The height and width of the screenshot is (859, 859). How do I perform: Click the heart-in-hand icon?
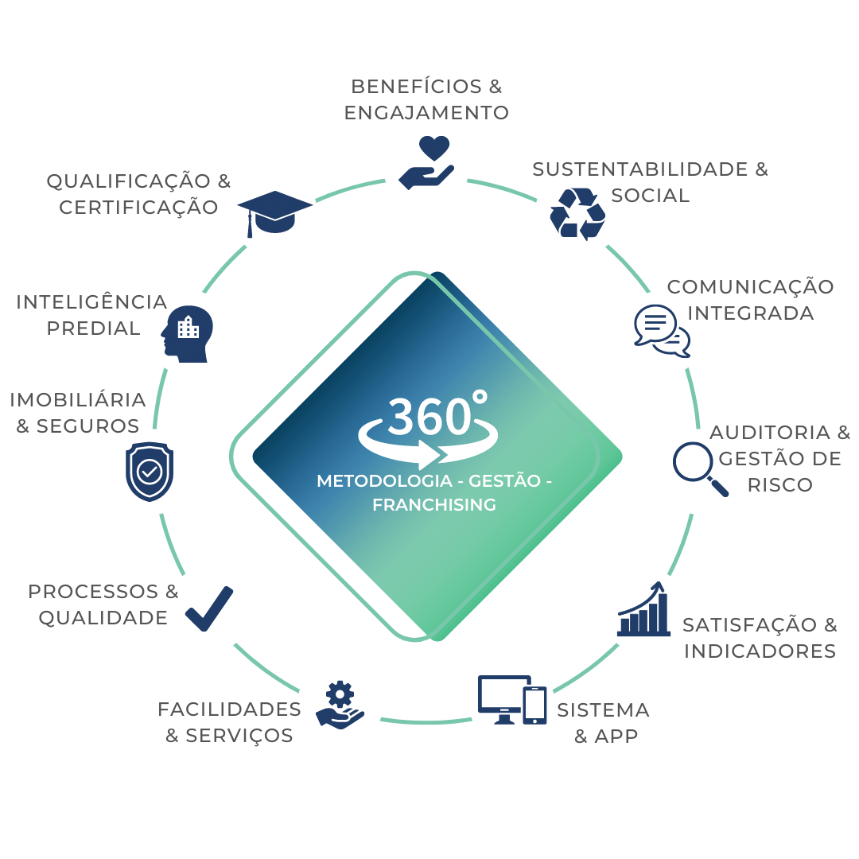(x=426, y=164)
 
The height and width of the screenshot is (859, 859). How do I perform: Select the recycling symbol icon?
(x=578, y=213)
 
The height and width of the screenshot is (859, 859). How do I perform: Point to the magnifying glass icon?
(x=699, y=468)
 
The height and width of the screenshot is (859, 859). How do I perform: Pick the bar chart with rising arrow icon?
(x=643, y=611)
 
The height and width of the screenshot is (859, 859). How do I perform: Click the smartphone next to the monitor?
(x=534, y=705)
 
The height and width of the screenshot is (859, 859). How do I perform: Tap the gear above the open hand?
(x=340, y=694)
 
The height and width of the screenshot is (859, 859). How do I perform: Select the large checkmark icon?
(x=209, y=609)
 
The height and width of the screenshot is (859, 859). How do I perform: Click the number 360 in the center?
(x=428, y=416)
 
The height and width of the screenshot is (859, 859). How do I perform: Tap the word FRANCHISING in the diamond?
(x=434, y=504)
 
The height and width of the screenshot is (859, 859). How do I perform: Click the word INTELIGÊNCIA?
(x=91, y=302)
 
